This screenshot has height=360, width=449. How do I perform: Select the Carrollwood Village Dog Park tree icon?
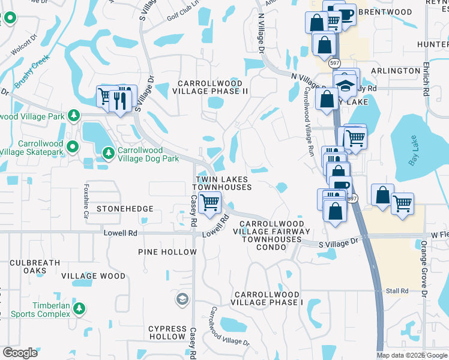[x=108, y=154]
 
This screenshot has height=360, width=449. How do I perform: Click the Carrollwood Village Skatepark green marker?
[x=73, y=146]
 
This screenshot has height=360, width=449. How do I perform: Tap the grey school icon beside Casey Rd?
[x=182, y=299]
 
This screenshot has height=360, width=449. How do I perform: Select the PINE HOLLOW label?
[x=167, y=252]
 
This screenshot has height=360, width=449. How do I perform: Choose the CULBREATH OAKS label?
[x=34, y=266]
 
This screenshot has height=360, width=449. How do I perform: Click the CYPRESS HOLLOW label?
[x=167, y=332]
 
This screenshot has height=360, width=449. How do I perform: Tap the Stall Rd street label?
[x=397, y=291]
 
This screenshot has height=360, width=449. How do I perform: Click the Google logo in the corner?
[x=20, y=352]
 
